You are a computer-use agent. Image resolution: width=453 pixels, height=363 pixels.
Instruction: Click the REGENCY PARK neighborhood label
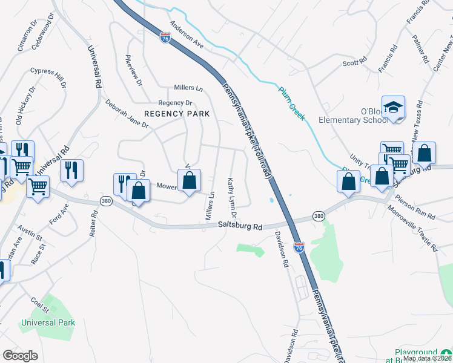click(176, 114)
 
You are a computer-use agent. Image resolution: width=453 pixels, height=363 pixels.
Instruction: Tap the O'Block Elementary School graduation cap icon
click(393, 107)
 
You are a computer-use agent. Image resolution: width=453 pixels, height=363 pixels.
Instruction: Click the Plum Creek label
click(292, 103)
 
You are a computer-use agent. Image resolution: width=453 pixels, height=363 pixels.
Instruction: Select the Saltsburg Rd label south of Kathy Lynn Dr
click(240, 227)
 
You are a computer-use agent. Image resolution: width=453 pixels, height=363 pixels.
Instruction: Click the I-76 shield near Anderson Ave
click(165, 38)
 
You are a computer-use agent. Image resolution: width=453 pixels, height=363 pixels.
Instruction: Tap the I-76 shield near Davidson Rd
click(299, 247)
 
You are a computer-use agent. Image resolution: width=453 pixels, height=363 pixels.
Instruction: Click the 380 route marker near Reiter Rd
click(107, 201)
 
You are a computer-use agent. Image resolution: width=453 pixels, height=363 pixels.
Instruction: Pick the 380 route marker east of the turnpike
click(318, 216)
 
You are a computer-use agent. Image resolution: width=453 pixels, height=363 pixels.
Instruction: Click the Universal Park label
click(48, 322)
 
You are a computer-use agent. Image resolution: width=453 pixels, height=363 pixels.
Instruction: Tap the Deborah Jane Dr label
click(127, 114)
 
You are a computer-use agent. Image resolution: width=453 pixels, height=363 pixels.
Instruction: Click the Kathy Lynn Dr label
click(230, 198)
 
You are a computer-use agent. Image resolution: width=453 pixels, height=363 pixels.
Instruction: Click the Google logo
click(20, 356)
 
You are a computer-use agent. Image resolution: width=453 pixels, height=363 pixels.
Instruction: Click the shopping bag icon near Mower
click(190, 180)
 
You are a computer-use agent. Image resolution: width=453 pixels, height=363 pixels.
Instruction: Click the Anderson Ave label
click(187, 35)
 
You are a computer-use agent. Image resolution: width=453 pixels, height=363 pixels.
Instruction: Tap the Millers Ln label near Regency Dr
click(187, 88)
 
